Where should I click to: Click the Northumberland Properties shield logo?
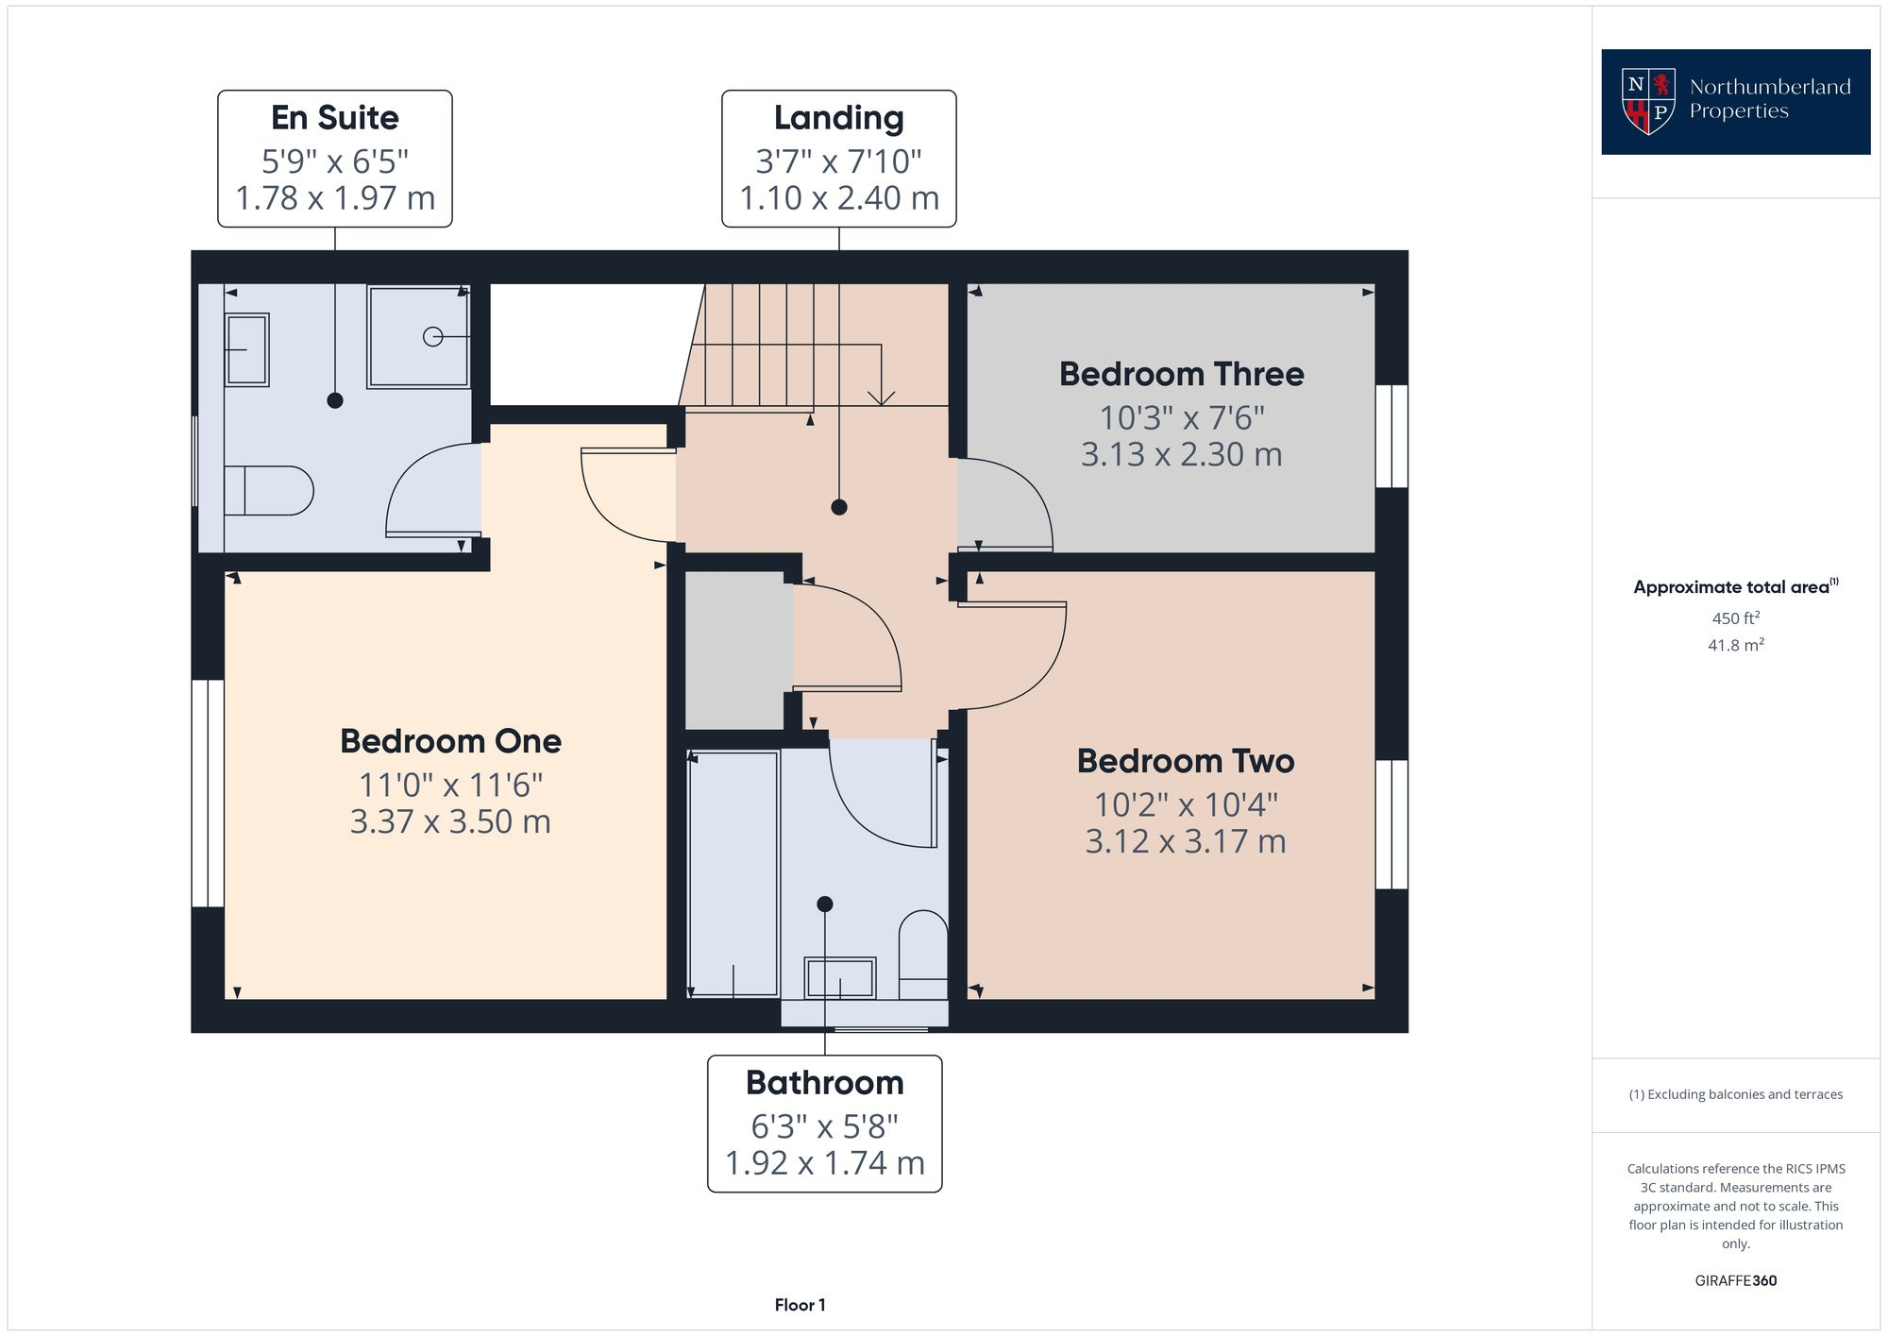click(x=1648, y=101)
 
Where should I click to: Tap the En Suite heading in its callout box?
click(x=334, y=118)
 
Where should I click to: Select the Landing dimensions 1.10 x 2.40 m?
click(x=838, y=198)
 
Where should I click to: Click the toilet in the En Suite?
click(x=269, y=490)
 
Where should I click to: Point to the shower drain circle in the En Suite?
click(x=432, y=336)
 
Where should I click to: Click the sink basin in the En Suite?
click(x=246, y=349)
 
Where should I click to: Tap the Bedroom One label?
click(x=450, y=741)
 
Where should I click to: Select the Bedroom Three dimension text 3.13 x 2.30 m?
click(x=1181, y=454)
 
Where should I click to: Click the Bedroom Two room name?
click(x=1185, y=761)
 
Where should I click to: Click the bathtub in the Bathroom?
click(x=733, y=873)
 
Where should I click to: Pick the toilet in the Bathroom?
click(x=922, y=954)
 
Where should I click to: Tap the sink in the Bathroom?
click(x=839, y=978)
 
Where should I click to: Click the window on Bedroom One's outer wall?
click(x=208, y=793)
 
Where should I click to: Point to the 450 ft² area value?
click(x=1735, y=618)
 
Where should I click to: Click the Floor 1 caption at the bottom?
click(x=800, y=1305)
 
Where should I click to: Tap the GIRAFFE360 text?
click(x=1735, y=1280)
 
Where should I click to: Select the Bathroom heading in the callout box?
click(x=824, y=1083)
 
